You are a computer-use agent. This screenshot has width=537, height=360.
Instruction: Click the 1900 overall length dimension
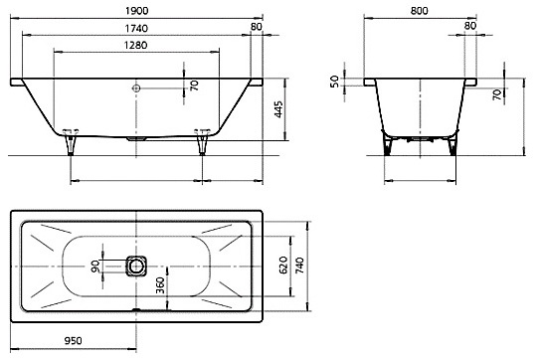click(136, 11)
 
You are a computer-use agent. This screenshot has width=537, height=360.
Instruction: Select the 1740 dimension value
click(136, 29)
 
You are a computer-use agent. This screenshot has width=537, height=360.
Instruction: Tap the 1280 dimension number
click(136, 45)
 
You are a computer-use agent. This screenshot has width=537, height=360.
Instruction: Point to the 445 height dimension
click(279, 109)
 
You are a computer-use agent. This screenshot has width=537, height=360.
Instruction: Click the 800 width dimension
click(420, 11)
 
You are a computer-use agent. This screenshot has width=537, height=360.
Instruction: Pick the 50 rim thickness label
click(334, 82)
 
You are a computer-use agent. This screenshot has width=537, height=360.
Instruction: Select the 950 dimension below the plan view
click(74, 341)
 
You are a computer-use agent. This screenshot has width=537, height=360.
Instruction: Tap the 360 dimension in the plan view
click(160, 285)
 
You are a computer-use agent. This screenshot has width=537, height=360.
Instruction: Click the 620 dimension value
click(283, 266)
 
